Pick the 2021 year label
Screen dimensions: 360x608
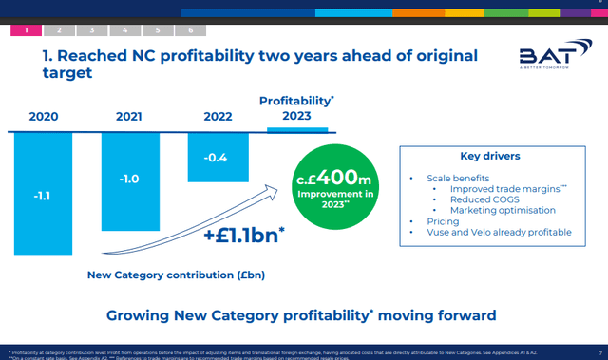pos(128,117)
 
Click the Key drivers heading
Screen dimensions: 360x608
pos(490,156)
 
